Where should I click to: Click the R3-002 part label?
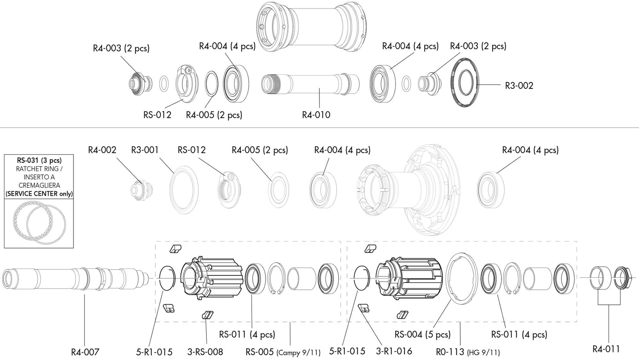pos(519,86)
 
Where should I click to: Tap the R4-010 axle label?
pos(316,115)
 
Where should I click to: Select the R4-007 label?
pos(85,352)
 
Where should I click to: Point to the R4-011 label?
pos(606,349)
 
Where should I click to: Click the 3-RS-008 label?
pos(205,352)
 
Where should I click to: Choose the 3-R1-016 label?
pos(394,351)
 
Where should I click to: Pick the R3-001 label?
pos(145,150)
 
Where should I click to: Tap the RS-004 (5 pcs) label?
pos(422,334)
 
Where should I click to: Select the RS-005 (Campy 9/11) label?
pos(283,352)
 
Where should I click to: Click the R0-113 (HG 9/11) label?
pos(468,352)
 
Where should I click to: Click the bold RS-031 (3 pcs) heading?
pos(39,160)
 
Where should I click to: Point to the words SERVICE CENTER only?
pos(39,194)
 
